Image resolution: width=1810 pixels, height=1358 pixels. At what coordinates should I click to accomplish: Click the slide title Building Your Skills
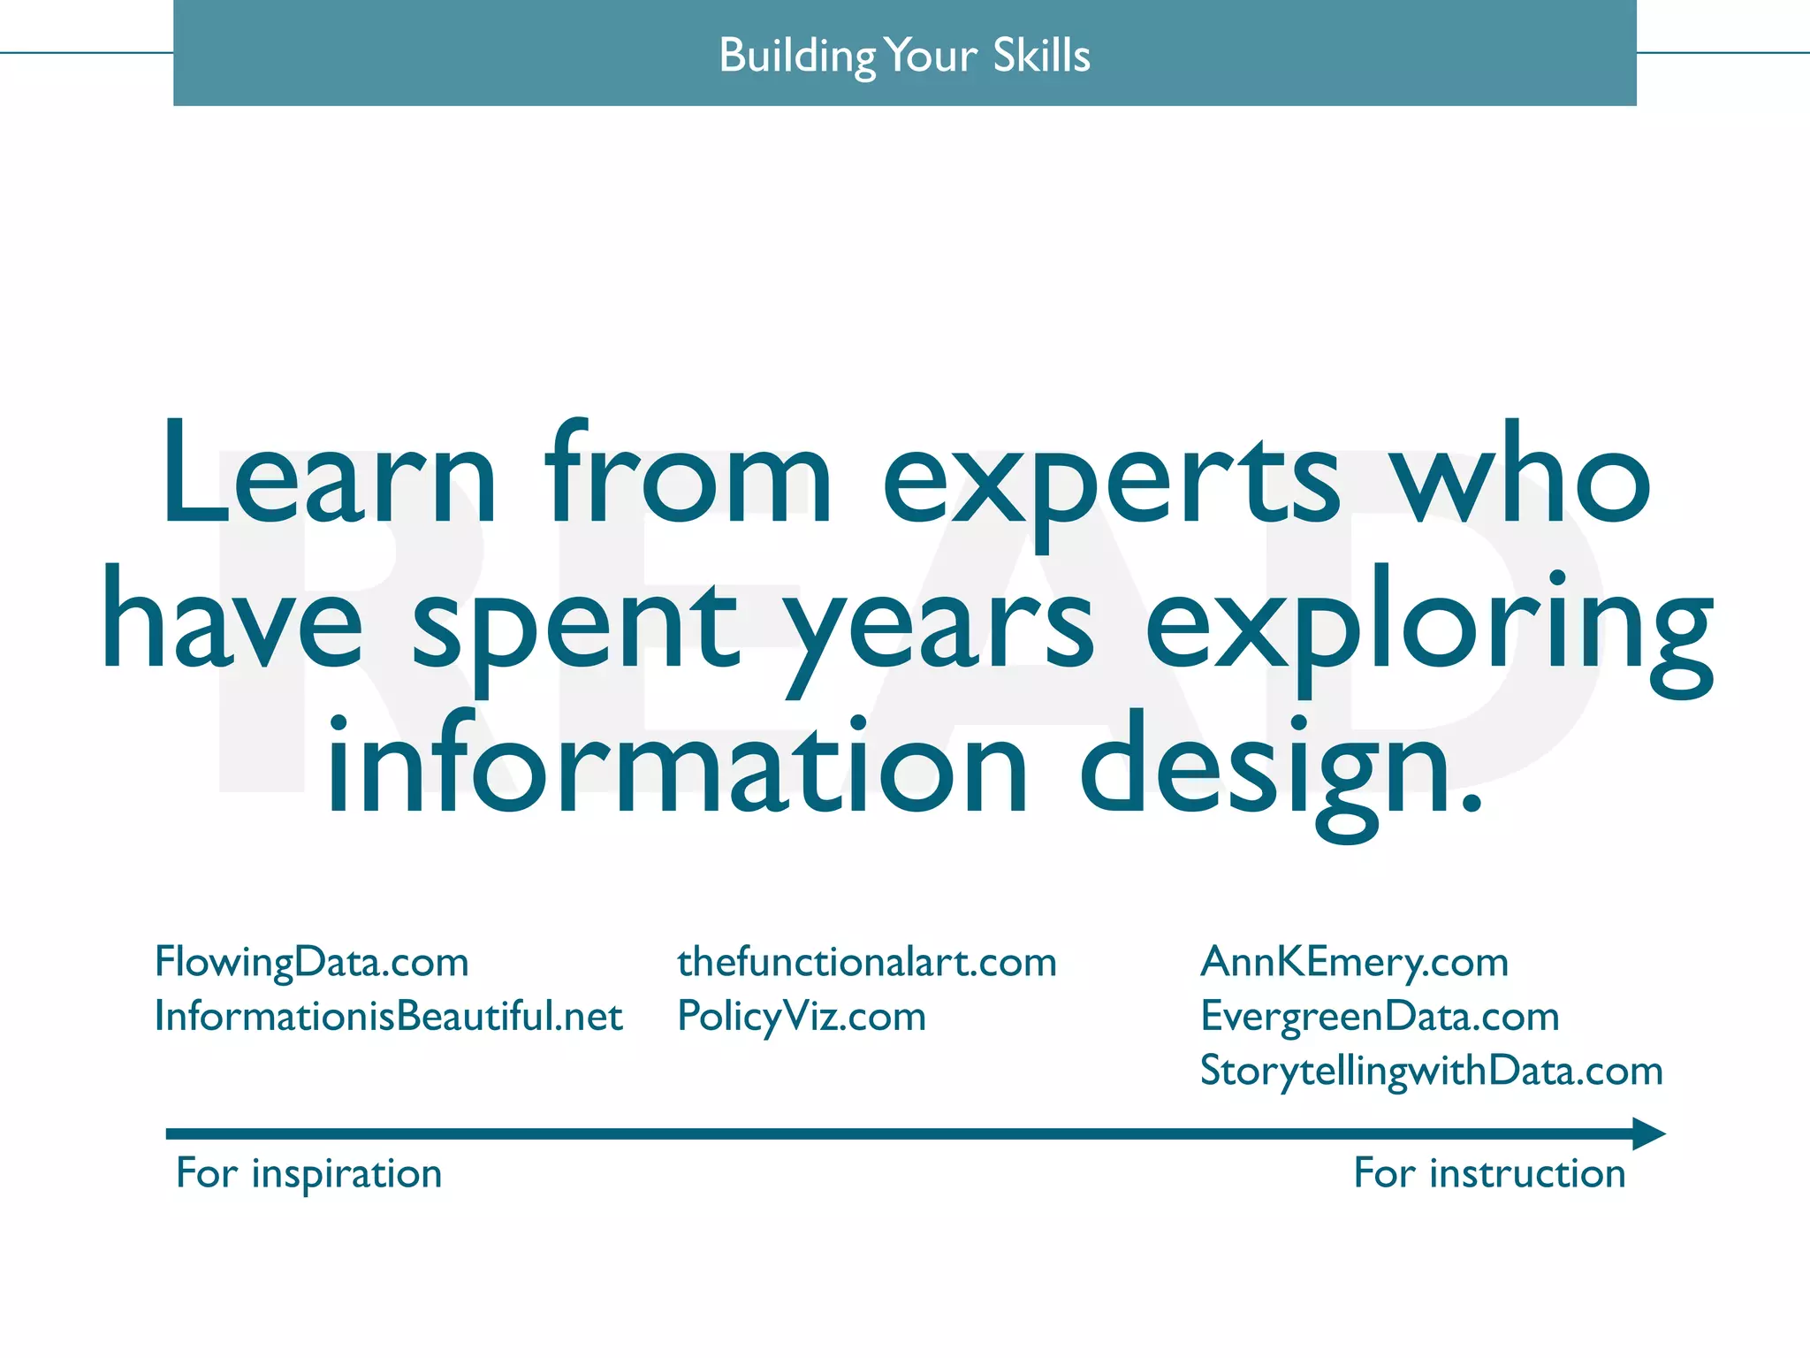point(904,55)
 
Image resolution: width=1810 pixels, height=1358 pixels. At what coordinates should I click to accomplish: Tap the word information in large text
point(677,765)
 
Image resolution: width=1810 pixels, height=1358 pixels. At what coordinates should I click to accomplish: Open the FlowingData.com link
point(311,962)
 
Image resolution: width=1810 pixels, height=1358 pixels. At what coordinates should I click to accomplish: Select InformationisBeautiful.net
point(388,1017)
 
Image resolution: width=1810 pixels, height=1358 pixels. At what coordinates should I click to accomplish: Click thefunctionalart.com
point(866,962)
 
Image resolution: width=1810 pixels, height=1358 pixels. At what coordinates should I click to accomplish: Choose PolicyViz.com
point(801,1017)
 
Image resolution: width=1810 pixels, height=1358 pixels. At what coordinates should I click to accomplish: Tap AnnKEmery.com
point(1354,962)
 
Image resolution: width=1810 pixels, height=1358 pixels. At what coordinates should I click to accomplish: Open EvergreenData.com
point(1380,1017)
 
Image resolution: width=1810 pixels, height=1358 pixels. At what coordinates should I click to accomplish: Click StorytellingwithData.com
point(1431,1072)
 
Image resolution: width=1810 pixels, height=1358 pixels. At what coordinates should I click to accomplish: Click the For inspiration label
point(308,1174)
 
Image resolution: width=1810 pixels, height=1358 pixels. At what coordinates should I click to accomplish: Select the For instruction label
point(1489,1174)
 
